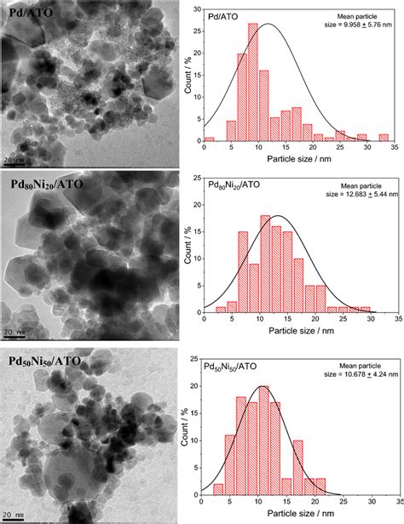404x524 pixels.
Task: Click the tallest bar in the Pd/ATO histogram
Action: click(x=252, y=85)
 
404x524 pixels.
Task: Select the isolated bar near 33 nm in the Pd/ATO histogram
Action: click(x=383, y=138)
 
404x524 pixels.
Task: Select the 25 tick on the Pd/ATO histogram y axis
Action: click(x=196, y=16)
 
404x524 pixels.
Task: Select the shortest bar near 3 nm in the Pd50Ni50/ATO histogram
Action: click(x=219, y=489)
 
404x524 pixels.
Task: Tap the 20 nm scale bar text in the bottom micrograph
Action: click(x=16, y=515)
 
